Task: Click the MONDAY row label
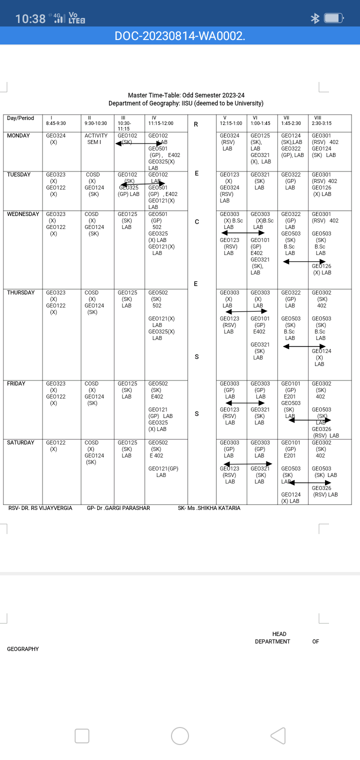pyautogui.click(x=18, y=136)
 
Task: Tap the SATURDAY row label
pyautogui.click(x=21, y=443)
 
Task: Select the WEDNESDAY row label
pyautogui.click(x=23, y=214)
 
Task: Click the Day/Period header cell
pyautogui.click(x=20, y=118)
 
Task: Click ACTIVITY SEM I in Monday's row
pyautogui.click(x=96, y=139)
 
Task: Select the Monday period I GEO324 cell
pyautogui.click(x=55, y=139)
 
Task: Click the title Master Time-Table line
pyautogui.click(x=186, y=95)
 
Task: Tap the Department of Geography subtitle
pyautogui.click(x=186, y=103)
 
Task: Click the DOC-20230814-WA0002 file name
pyautogui.click(x=180, y=35)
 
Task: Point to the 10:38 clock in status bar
pyautogui.click(x=30, y=19)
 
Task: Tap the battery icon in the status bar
pyautogui.click(x=333, y=18)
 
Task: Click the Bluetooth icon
pyautogui.click(x=315, y=18)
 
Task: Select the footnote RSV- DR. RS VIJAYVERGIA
pyautogui.click(x=40, y=508)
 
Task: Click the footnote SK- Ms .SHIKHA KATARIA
pyautogui.click(x=209, y=508)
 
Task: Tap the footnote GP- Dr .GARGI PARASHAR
pyautogui.click(x=118, y=508)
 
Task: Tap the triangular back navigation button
pyautogui.click(x=278, y=735)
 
